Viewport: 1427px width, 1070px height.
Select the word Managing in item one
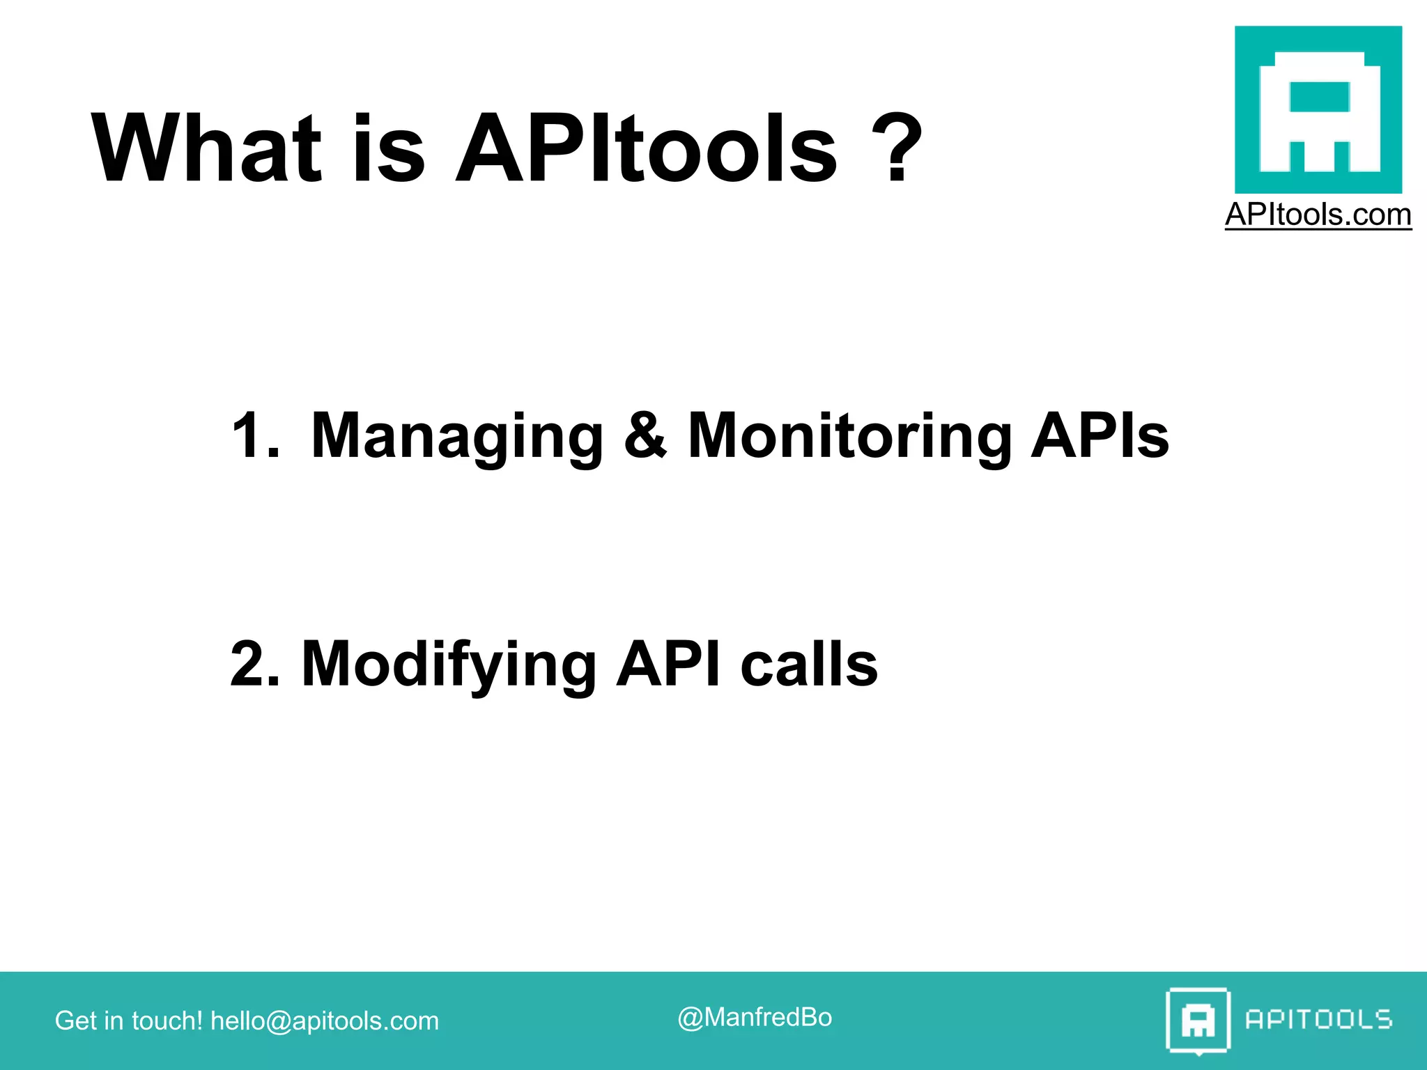[456, 437]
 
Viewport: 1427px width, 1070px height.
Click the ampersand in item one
[645, 436]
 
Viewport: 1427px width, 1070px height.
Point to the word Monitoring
[849, 437]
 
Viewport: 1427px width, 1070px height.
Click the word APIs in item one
[1100, 436]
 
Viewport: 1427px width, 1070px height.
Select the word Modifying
[448, 665]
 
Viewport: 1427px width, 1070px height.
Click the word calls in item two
[808, 664]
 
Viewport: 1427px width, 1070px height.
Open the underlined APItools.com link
[1318, 215]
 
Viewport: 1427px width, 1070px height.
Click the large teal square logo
[1318, 109]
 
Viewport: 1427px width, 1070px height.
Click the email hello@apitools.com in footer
[325, 1021]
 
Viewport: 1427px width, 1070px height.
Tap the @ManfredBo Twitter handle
[755, 1018]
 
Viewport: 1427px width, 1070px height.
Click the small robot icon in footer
[1198, 1021]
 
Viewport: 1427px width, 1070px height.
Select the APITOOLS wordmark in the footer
[1318, 1020]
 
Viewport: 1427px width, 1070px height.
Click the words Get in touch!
[128, 1021]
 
